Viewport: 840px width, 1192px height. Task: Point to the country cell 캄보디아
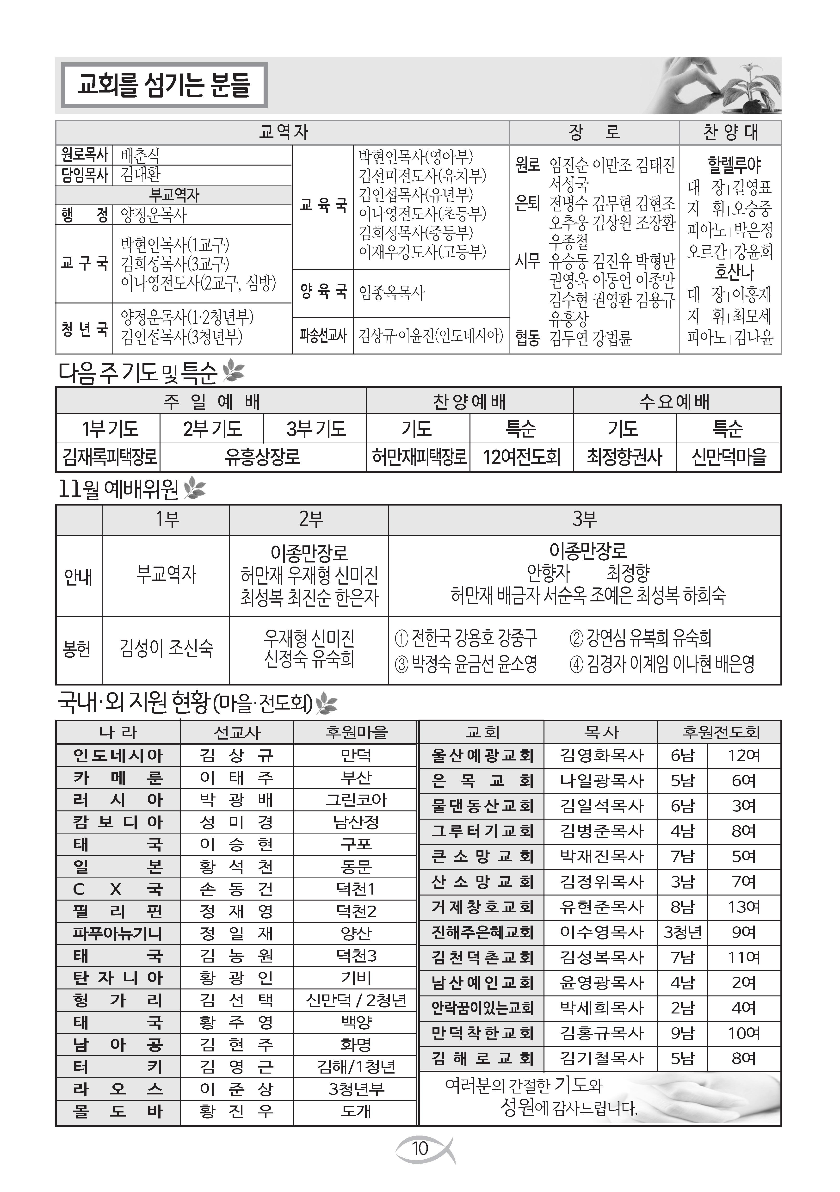point(118,822)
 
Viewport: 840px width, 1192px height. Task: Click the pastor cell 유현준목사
point(601,907)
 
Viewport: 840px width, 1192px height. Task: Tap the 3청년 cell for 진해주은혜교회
point(683,933)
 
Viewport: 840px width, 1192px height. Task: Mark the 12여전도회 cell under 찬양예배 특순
point(522,457)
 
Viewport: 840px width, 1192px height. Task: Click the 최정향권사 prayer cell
point(624,457)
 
